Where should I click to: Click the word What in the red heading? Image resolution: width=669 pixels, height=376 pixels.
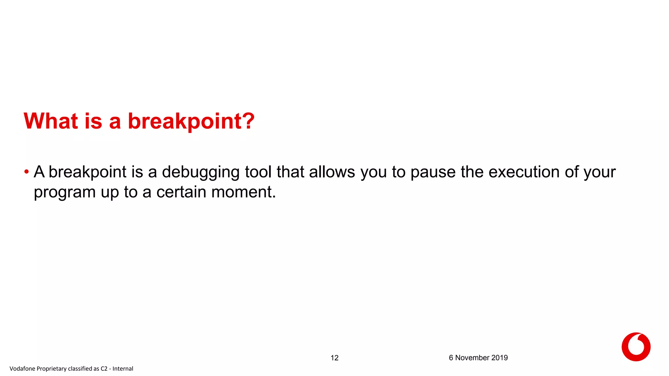click(x=51, y=121)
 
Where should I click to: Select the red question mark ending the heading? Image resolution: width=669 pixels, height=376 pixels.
click(x=248, y=121)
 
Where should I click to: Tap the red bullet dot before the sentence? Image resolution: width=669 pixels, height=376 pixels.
click(x=26, y=172)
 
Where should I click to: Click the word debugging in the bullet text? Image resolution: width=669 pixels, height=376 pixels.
click(x=201, y=172)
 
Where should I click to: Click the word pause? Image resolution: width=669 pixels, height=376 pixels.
click(x=433, y=172)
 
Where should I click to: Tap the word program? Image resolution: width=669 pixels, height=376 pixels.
click(x=65, y=193)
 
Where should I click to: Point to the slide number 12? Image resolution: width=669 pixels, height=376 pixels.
click(x=334, y=358)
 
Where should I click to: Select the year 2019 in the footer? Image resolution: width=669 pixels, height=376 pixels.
click(x=499, y=358)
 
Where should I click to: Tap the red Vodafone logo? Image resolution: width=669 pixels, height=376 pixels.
click(x=636, y=347)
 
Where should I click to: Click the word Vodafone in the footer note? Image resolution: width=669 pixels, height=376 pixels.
click(x=22, y=368)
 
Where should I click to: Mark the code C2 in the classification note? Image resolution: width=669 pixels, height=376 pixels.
click(x=104, y=368)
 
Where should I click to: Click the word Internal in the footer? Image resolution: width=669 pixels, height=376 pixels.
click(x=123, y=368)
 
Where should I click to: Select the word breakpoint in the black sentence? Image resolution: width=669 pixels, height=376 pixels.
click(x=88, y=172)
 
